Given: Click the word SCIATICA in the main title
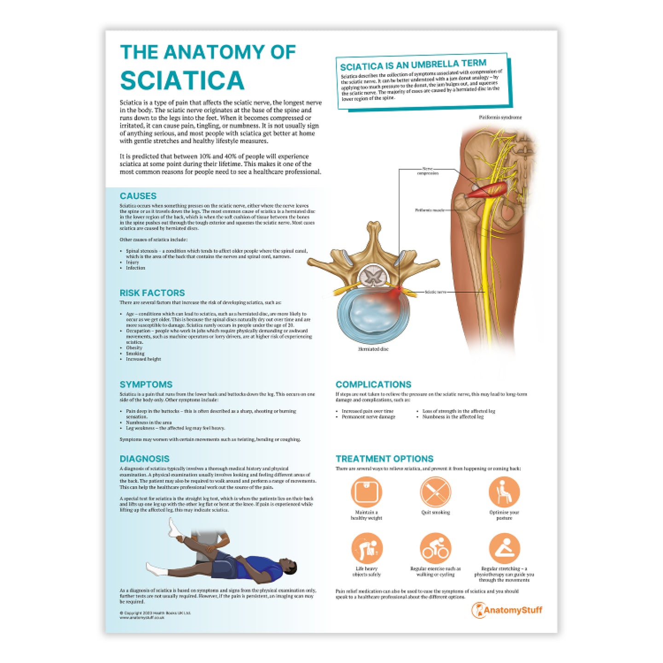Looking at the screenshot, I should point(182,81).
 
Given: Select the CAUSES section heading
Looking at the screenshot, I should point(138,196).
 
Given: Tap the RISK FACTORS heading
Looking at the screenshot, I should point(152,293).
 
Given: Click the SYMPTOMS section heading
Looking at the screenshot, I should point(146,384).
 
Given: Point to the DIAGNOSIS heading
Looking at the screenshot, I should point(145,459).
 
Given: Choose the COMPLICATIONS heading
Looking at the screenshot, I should point(373,384).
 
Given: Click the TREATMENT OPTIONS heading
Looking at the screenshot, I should point(384,459).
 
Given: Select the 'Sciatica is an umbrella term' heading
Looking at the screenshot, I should point(413,64).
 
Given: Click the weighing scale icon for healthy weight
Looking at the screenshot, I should point(366,492).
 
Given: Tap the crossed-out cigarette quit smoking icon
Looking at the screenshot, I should point(435,492).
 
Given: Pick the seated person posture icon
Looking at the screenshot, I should point(504,492).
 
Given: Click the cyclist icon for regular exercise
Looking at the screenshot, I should point(435,548).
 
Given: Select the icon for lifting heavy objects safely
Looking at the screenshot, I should point(366,548).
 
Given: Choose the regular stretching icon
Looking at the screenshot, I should point(504,548).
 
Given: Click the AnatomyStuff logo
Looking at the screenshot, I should point(507,611).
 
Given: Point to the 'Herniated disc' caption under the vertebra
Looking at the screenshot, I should point(373,349).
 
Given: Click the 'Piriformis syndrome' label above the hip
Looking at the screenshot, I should point(500,117).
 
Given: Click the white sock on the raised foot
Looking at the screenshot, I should point(175,529).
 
